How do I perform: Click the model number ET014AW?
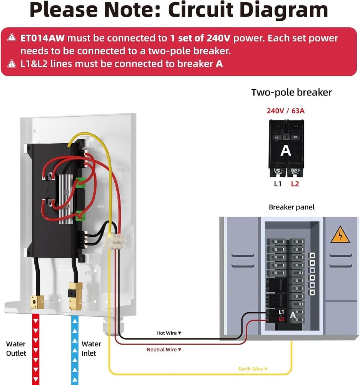click(43, 38)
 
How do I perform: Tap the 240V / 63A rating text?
click(285, 111)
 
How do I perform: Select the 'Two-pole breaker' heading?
click(291, 92)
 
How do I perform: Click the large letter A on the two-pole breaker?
click(286, 151)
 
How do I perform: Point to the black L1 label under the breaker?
click(278, 184)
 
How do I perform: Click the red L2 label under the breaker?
click(295, 184)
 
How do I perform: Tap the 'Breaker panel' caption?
click(291, 207)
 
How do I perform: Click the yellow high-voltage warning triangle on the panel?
click(340, 235)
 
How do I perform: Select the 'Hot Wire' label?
click(169, 333)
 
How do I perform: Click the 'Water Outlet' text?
click(16, 348)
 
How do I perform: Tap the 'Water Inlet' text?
click(91, 348)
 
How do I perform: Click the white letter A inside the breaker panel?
click(293, 315)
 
